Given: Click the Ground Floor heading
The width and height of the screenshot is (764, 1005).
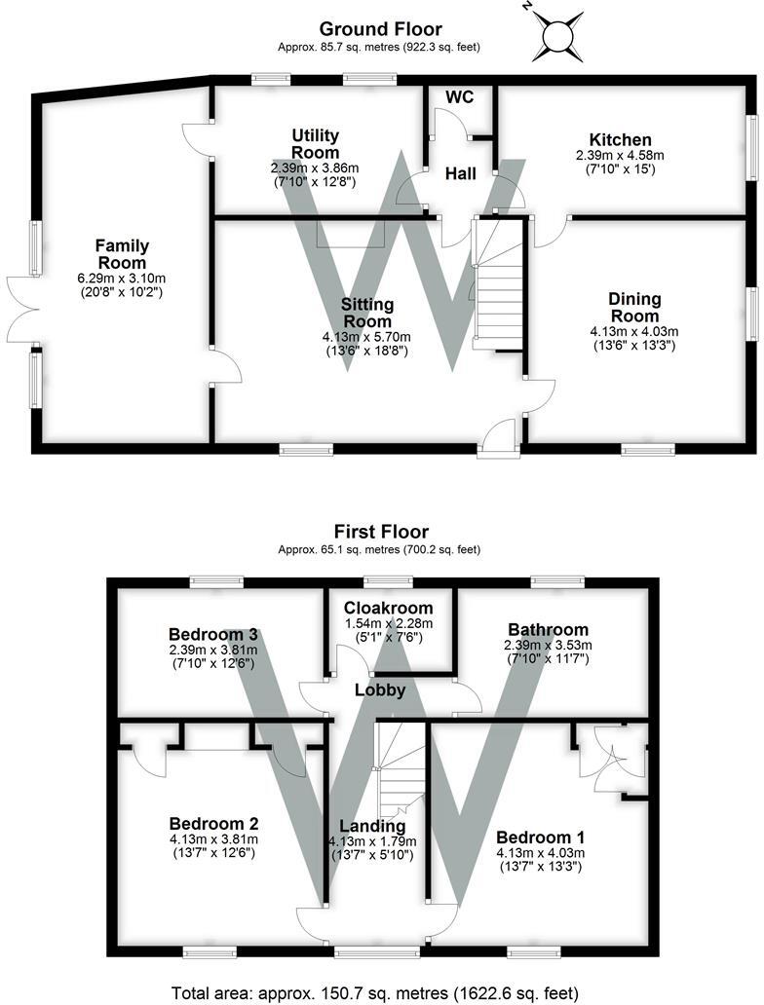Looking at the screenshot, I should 380,29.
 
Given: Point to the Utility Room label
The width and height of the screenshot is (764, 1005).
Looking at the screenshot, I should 315,143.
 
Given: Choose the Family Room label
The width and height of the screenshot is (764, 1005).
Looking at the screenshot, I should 121,254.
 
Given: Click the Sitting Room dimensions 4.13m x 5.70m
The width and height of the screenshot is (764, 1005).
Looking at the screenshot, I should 366,338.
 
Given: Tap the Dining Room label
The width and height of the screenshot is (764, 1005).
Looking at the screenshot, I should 634,307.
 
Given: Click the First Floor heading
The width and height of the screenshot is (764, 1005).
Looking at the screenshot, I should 381,532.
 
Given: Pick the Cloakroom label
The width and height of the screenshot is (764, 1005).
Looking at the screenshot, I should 394,608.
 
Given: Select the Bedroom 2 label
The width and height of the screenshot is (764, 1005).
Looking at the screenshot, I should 212,821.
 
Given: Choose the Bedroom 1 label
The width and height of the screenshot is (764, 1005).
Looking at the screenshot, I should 540,837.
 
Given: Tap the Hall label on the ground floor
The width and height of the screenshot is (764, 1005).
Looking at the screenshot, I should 461,173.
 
